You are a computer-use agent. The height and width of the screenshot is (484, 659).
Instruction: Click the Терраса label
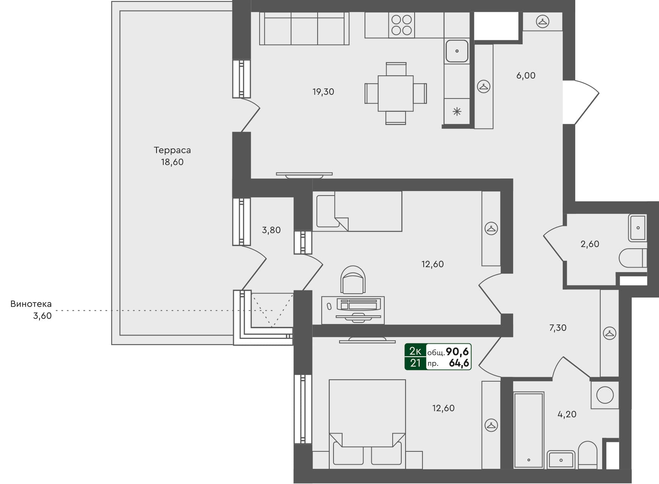pyautogui.click(x=172, y=150)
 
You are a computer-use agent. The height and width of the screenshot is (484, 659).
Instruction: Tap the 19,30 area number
pyautogui.click(x=323, y=92)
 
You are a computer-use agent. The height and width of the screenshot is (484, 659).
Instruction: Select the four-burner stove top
pyautogui.click(x=401, y=25)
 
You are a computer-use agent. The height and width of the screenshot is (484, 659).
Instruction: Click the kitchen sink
pyautogui.click(x=457, y=51)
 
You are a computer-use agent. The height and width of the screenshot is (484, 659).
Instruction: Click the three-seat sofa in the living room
pyautogui.click(x=304, y=29)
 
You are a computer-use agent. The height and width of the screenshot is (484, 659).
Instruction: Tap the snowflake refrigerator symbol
pyautogui.click(x=457, y=111)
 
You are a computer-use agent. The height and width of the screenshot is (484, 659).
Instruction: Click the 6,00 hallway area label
pyautogui.click(x=526, y=75)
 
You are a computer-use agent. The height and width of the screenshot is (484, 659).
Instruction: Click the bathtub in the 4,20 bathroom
pyautogui.click(x=528, y=431)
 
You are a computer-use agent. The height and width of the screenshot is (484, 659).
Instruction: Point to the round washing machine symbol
pyautogui.click(x=605, y=395)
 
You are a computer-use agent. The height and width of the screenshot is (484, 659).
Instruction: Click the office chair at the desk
pyautogui.click(x=353, y=280)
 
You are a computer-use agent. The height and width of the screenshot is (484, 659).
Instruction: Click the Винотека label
pyautogui.click(x=31, y=304)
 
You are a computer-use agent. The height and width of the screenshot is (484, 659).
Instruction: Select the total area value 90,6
pyautogui.click(x=457, y=352)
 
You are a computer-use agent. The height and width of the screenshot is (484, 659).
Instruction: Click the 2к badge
pyautogui.click(x=415, y=351)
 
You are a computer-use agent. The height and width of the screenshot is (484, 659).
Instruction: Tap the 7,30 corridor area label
pyautogui.click(x=558, y=328)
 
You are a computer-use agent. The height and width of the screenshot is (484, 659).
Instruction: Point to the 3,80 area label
pyautogui.click(x=271, y=230)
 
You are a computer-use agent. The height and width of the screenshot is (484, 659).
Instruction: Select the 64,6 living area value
pyautogui.click(x=459, y=363)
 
